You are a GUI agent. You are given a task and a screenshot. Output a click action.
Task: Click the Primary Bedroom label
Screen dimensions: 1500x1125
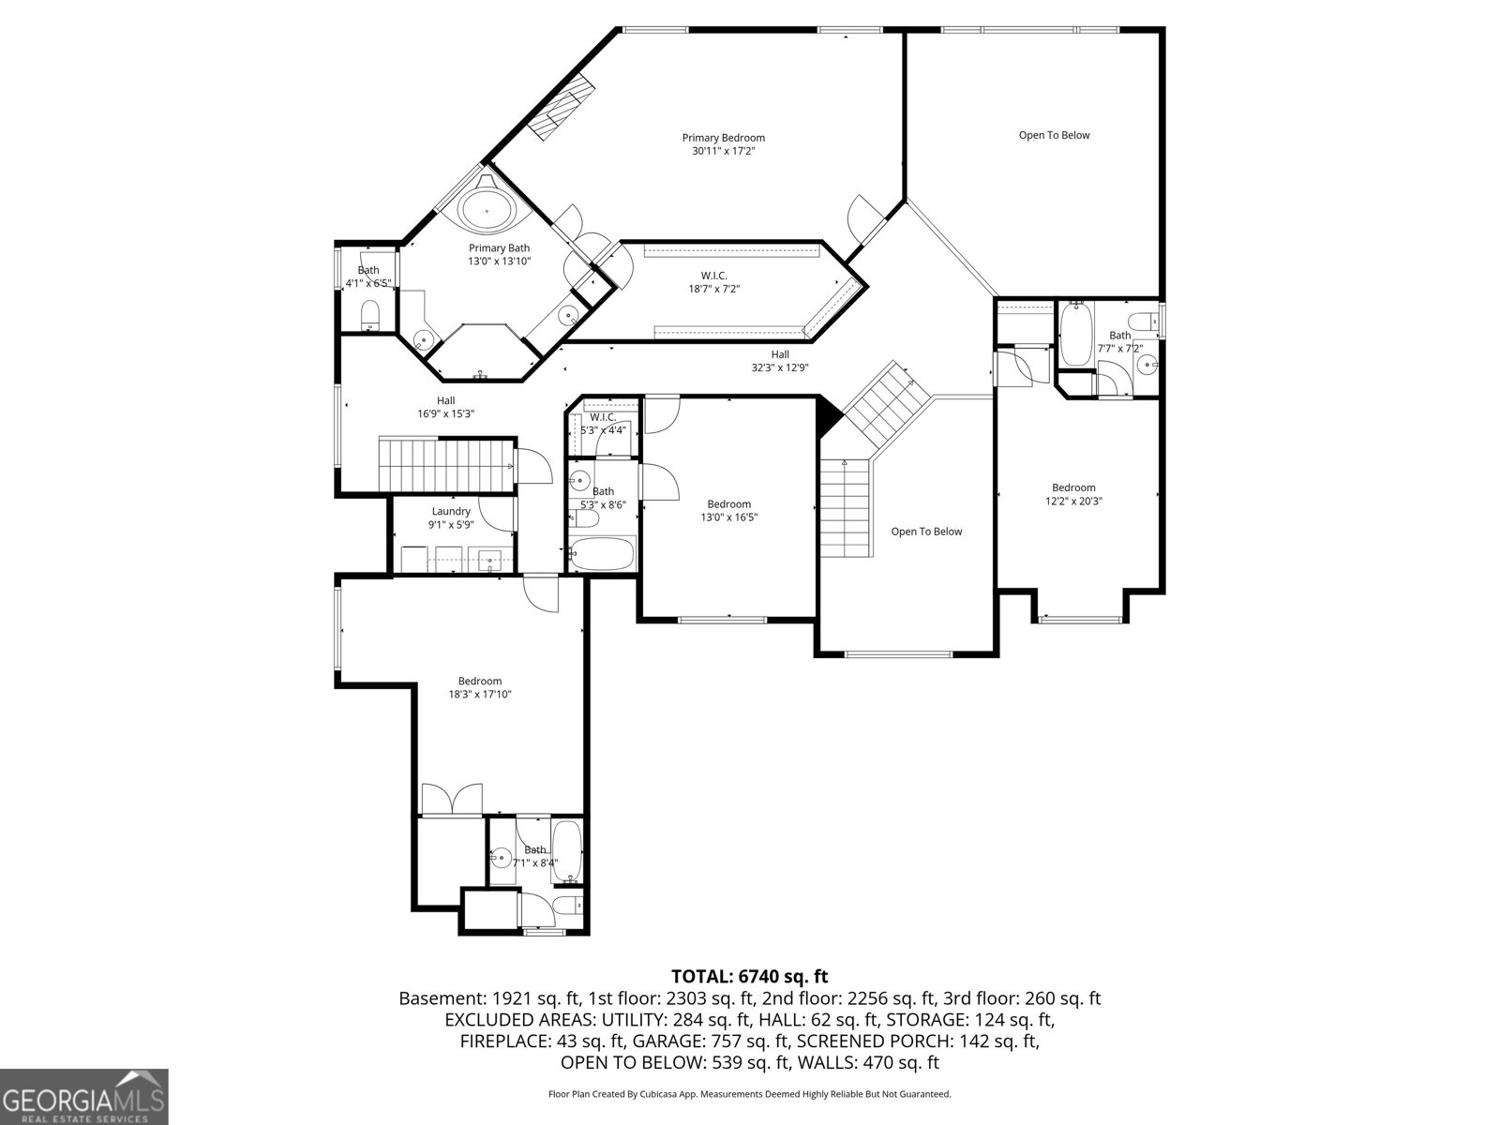723,144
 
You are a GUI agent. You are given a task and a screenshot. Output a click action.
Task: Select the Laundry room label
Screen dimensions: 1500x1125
451,517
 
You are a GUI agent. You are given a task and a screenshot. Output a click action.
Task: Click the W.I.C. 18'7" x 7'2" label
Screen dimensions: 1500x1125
714,282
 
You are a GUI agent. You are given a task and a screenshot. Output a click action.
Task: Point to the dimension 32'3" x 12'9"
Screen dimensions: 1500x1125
780,367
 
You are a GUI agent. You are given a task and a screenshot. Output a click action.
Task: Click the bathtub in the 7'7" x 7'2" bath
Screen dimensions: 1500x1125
1075,335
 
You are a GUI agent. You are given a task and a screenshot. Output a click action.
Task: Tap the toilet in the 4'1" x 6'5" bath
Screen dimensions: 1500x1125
369,313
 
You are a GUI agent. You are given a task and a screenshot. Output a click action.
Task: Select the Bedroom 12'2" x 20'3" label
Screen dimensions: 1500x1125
1073,494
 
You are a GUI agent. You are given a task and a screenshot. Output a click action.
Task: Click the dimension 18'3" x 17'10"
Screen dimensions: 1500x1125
480,694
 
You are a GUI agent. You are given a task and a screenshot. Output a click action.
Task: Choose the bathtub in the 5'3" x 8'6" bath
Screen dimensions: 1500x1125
603,553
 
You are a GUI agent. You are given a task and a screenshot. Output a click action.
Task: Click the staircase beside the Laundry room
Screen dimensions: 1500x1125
446,464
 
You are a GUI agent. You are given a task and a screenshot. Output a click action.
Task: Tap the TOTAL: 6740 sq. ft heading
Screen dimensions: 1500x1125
750,976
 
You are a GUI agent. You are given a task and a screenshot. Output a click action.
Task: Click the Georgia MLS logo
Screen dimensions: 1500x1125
83,1096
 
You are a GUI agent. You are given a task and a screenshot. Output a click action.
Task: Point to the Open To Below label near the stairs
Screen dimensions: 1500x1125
926,532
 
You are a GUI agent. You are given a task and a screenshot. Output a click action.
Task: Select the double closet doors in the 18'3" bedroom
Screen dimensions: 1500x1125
452,799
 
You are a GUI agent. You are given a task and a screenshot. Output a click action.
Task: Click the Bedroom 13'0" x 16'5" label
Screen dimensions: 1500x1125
728,510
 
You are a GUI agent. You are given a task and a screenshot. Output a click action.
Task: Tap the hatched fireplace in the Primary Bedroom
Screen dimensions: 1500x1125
561,107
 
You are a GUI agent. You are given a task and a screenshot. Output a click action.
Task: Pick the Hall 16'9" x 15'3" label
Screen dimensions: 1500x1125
445,407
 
